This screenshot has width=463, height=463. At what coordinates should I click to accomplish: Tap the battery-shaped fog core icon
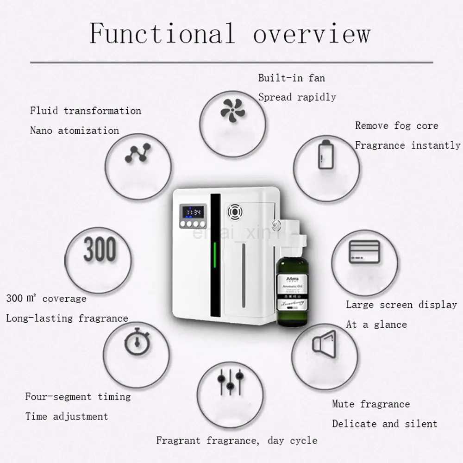[325, 154]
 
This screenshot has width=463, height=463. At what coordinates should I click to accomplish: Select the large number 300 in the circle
[100, 250]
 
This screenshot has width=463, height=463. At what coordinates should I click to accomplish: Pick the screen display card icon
[364, 252]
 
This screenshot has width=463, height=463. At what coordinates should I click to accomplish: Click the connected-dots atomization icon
[138, 153]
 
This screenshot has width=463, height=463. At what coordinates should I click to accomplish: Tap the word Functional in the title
[162, 33]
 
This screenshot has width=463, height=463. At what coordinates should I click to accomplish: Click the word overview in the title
[312, 33]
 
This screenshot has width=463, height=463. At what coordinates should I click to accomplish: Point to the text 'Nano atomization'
[74, 131]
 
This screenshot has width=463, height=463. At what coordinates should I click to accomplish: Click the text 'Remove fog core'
[396, 126]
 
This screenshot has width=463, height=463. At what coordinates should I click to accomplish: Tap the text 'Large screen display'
[401, 305]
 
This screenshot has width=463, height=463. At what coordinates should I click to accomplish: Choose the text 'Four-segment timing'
[78, 397]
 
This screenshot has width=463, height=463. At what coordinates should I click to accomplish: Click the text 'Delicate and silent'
[384, 424]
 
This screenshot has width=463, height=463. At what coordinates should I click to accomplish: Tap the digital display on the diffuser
[193, 213]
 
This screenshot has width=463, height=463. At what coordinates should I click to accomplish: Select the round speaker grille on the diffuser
[235, 213]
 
